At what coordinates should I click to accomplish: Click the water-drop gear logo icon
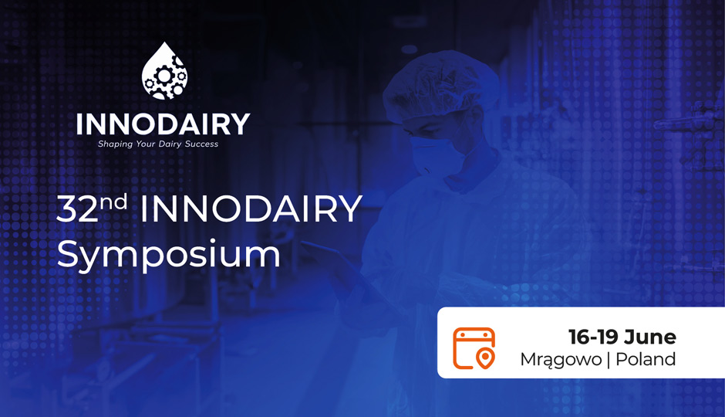click(164, 71)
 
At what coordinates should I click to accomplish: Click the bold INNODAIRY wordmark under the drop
click(163, 124)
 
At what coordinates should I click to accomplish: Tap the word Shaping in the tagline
click(115, 144)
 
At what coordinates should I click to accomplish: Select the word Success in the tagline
click(201, 144)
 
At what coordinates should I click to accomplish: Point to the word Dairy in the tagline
click(170, 144)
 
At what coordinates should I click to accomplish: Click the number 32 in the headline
click(78, 208)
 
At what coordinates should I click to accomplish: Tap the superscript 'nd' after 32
click(113, 202)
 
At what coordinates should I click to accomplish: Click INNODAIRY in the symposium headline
click(251, 208)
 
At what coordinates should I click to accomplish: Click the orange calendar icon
click(474, 348)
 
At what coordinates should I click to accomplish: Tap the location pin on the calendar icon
click(485, 358)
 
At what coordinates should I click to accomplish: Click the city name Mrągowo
click(561, 360)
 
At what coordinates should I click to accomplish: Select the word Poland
click(646, 359)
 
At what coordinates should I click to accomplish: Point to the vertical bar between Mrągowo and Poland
click(609, 360)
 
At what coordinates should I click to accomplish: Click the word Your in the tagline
click(146, 144)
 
